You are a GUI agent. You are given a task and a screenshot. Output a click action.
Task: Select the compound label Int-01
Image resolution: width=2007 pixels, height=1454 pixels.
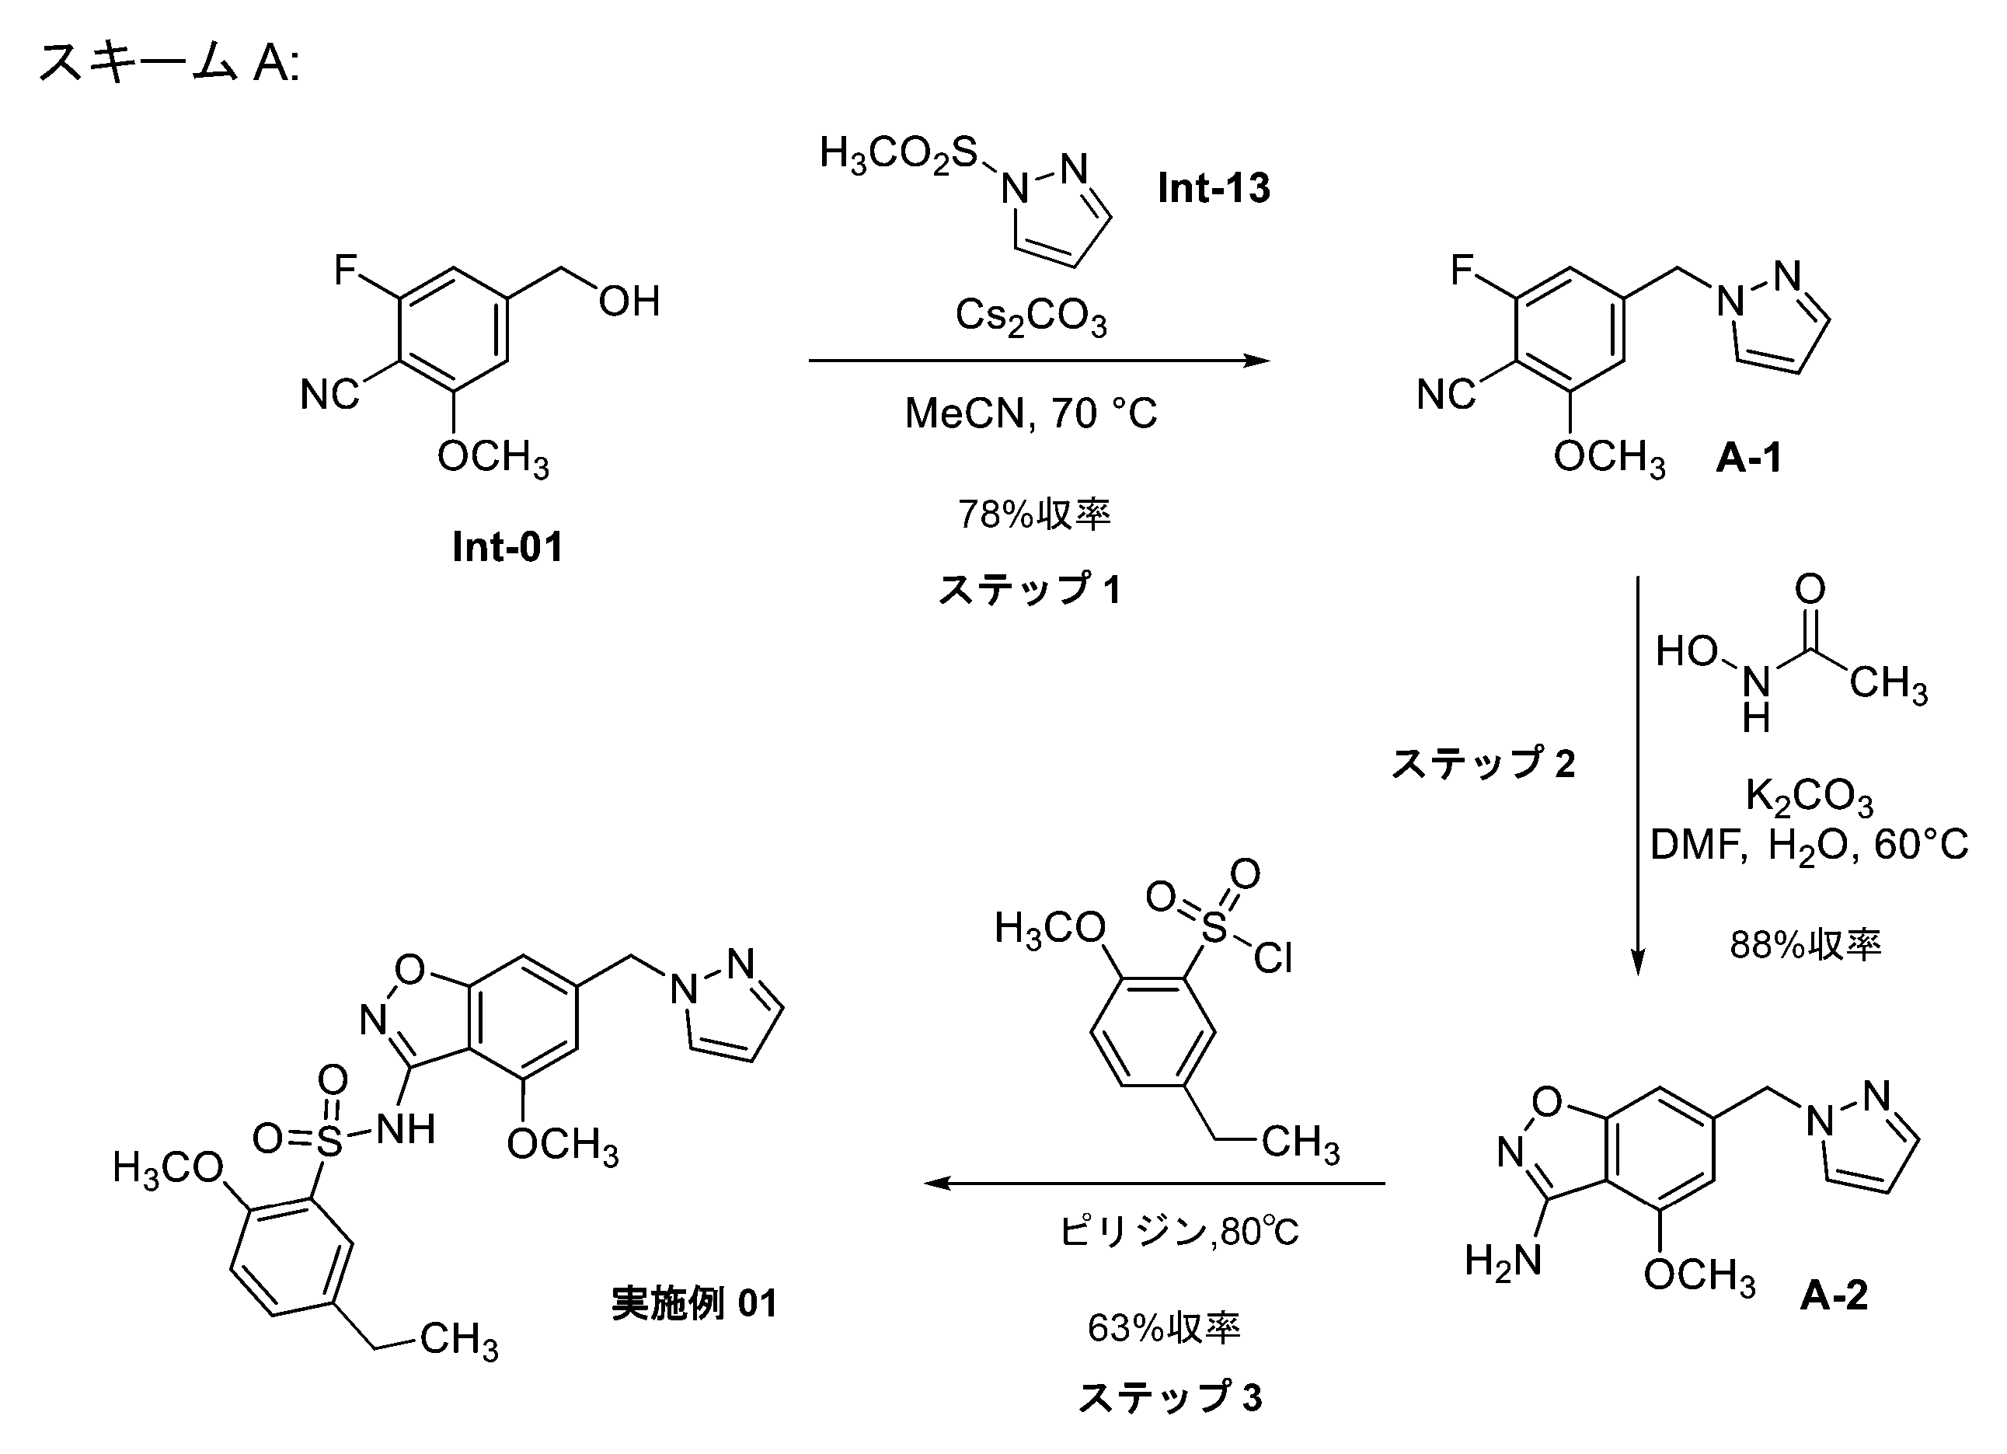coord(507,547)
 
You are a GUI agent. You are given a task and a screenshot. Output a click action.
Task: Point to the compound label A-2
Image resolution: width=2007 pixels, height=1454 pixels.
coord(1834,1295)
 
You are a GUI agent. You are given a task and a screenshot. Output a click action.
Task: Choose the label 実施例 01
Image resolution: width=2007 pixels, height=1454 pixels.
coord(694,1303)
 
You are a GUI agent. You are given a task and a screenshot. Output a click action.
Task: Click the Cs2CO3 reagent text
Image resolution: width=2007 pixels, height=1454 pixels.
coord(1031,316)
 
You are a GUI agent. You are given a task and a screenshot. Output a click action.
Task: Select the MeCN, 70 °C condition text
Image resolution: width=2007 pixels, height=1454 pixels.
coord(1031,413)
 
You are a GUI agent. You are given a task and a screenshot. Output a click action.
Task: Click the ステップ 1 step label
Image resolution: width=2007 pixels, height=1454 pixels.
coord(1030,589)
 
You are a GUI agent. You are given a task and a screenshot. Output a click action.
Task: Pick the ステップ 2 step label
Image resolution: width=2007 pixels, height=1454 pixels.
coord(1484,763)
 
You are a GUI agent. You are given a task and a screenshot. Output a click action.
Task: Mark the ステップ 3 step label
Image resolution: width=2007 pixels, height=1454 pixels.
coord(1170,1397)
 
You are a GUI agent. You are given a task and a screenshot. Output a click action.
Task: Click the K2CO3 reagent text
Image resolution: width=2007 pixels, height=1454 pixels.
coord(1809,796)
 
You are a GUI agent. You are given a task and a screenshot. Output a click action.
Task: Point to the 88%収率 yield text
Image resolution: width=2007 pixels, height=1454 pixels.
coord(1805,945)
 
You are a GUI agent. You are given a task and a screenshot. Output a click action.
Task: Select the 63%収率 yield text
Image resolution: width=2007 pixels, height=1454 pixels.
coord(1164,1327)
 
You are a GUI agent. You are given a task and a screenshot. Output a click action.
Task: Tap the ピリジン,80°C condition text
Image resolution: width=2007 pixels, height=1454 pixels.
coord(1179,1232)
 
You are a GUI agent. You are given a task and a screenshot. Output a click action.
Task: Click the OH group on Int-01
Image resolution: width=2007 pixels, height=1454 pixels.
coord(629,302)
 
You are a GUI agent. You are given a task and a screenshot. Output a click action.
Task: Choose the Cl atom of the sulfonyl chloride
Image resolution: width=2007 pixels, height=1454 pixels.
coord(1273,957)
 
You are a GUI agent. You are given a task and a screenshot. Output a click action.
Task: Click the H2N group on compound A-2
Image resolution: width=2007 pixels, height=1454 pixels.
coord(1503,1260)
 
